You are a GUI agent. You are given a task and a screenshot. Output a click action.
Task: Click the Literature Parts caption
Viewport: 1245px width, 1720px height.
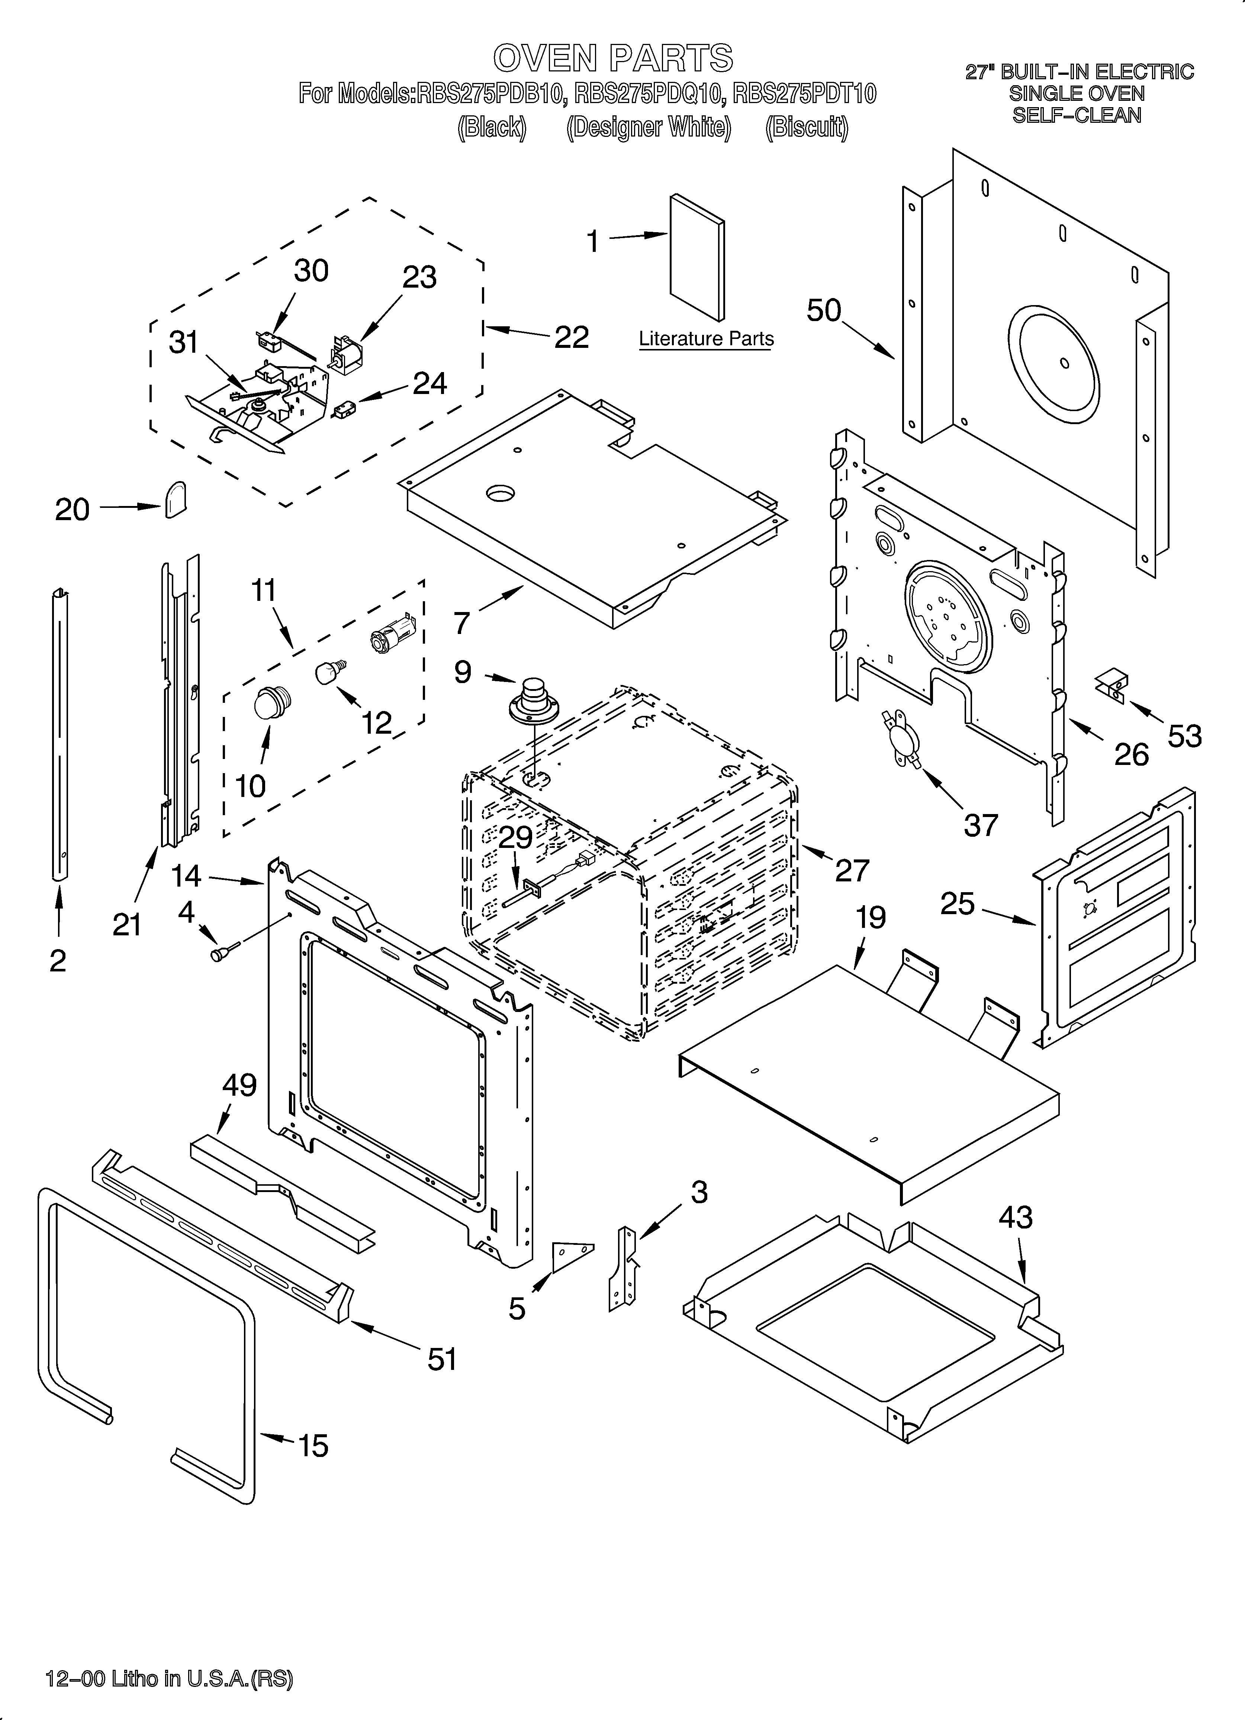706,339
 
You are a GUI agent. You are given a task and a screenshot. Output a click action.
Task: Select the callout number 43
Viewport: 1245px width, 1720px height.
1015,1218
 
